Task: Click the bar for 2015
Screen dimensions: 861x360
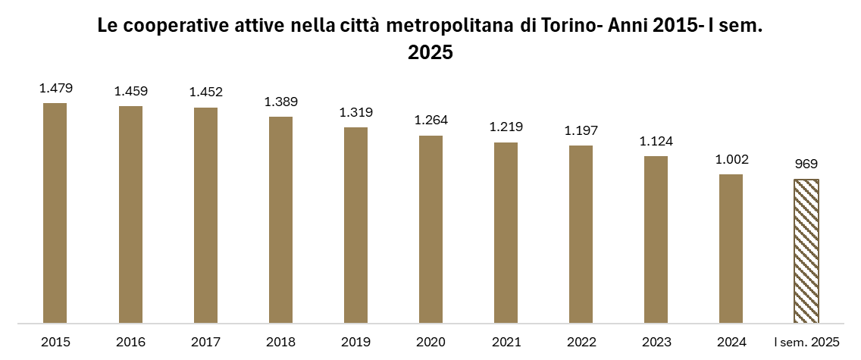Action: point(55,213)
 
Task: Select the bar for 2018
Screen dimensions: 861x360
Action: point(280,220)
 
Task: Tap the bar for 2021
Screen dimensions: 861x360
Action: point(506,233)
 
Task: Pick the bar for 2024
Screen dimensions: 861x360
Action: point(731,249)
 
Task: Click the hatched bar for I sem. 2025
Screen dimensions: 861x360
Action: point(806,252)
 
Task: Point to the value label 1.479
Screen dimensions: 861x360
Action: point(56,88)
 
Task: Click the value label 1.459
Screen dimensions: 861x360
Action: point(130,91)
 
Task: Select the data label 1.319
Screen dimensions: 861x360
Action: point(355,112)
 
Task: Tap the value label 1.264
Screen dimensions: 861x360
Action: point(431,121)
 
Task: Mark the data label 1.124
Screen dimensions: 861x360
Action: point(656,141)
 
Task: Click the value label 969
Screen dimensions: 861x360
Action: point(806,164)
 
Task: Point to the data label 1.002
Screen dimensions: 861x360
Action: point(731,160)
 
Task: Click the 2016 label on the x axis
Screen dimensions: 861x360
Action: point(130,343)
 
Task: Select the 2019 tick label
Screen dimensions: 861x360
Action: point(355,343)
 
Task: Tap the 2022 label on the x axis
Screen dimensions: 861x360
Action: point(581,343)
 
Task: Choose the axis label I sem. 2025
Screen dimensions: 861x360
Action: point(806,343)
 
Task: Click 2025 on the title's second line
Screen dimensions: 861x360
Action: point(430,53)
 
